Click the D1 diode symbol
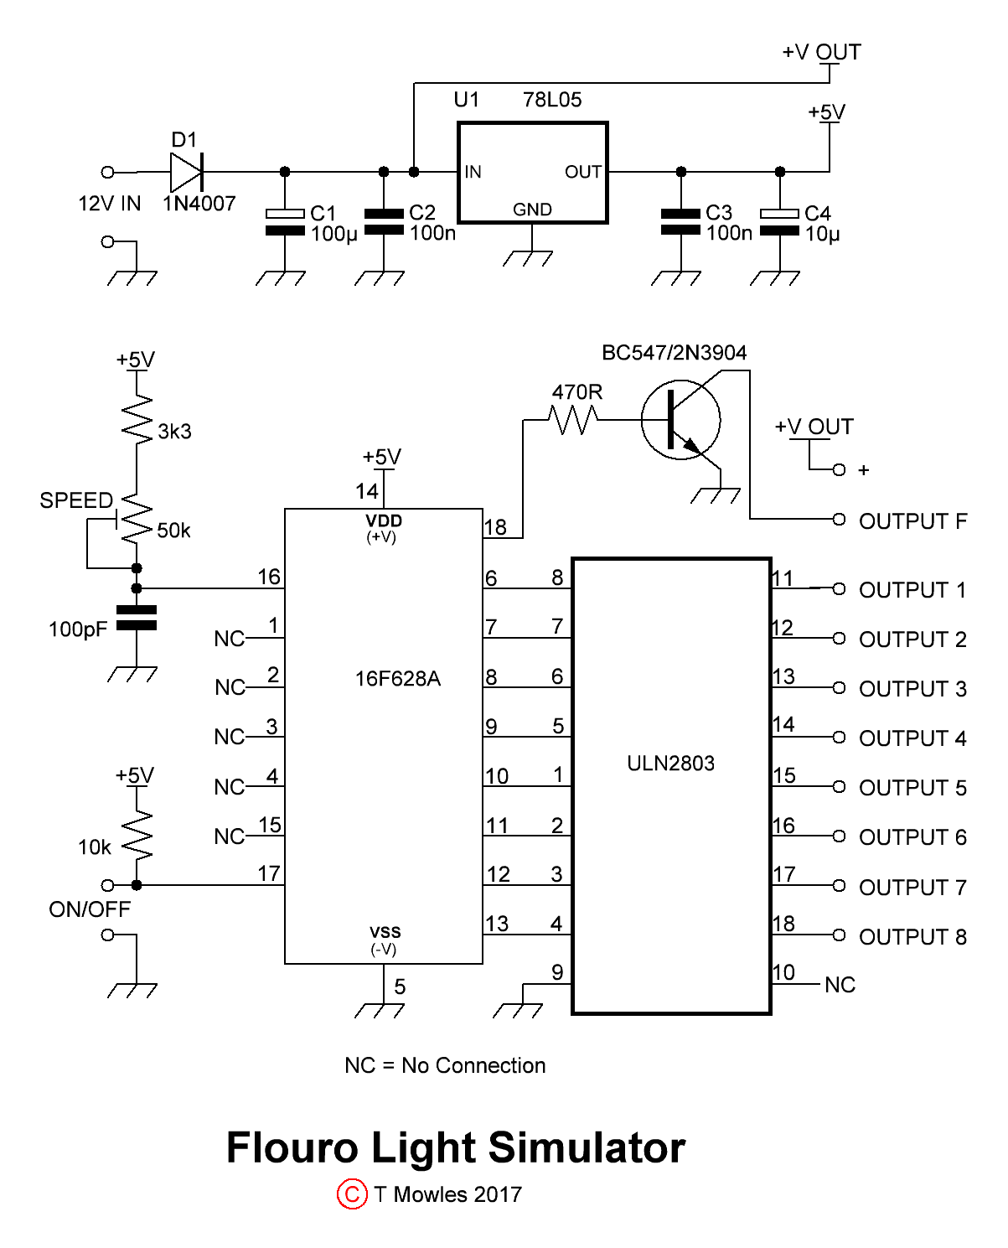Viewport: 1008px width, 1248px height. click(186, 172)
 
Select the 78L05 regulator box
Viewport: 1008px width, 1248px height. click(532, 173)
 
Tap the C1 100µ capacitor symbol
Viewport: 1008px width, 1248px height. click(285, 222)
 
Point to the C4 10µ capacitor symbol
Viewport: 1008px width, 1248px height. click(779, 222)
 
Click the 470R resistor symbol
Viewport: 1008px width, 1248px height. click(574, 420)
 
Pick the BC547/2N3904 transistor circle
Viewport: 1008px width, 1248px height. click(680, 420)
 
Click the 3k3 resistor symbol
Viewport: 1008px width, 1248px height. click(137, 417)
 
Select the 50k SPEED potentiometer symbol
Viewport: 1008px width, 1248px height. click(136, 520)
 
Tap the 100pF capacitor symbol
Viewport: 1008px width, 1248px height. click(137, 618)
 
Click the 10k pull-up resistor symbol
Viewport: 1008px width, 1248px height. click(137, 835)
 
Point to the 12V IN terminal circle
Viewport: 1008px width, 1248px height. click(107, 172)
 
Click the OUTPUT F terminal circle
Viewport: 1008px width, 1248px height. click(839, 519)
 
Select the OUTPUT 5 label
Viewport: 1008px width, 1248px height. click(912, 788)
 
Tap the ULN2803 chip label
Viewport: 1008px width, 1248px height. click(670, 763)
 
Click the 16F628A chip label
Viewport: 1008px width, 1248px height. click(397, 678)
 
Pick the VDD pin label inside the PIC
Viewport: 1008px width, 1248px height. click(384, 521)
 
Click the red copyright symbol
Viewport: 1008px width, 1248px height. click(352, 1194)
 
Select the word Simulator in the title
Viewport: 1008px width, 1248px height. click(587, 1147)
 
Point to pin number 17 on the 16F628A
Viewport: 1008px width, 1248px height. click(268, 873)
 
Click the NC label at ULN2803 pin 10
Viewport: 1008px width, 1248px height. click(840, 985)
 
